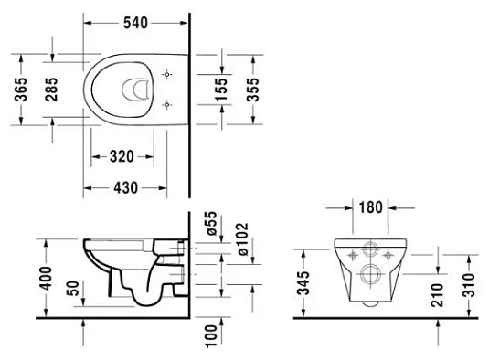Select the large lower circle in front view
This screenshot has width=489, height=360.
(370, 272)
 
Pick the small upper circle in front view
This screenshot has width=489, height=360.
(370, 249)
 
